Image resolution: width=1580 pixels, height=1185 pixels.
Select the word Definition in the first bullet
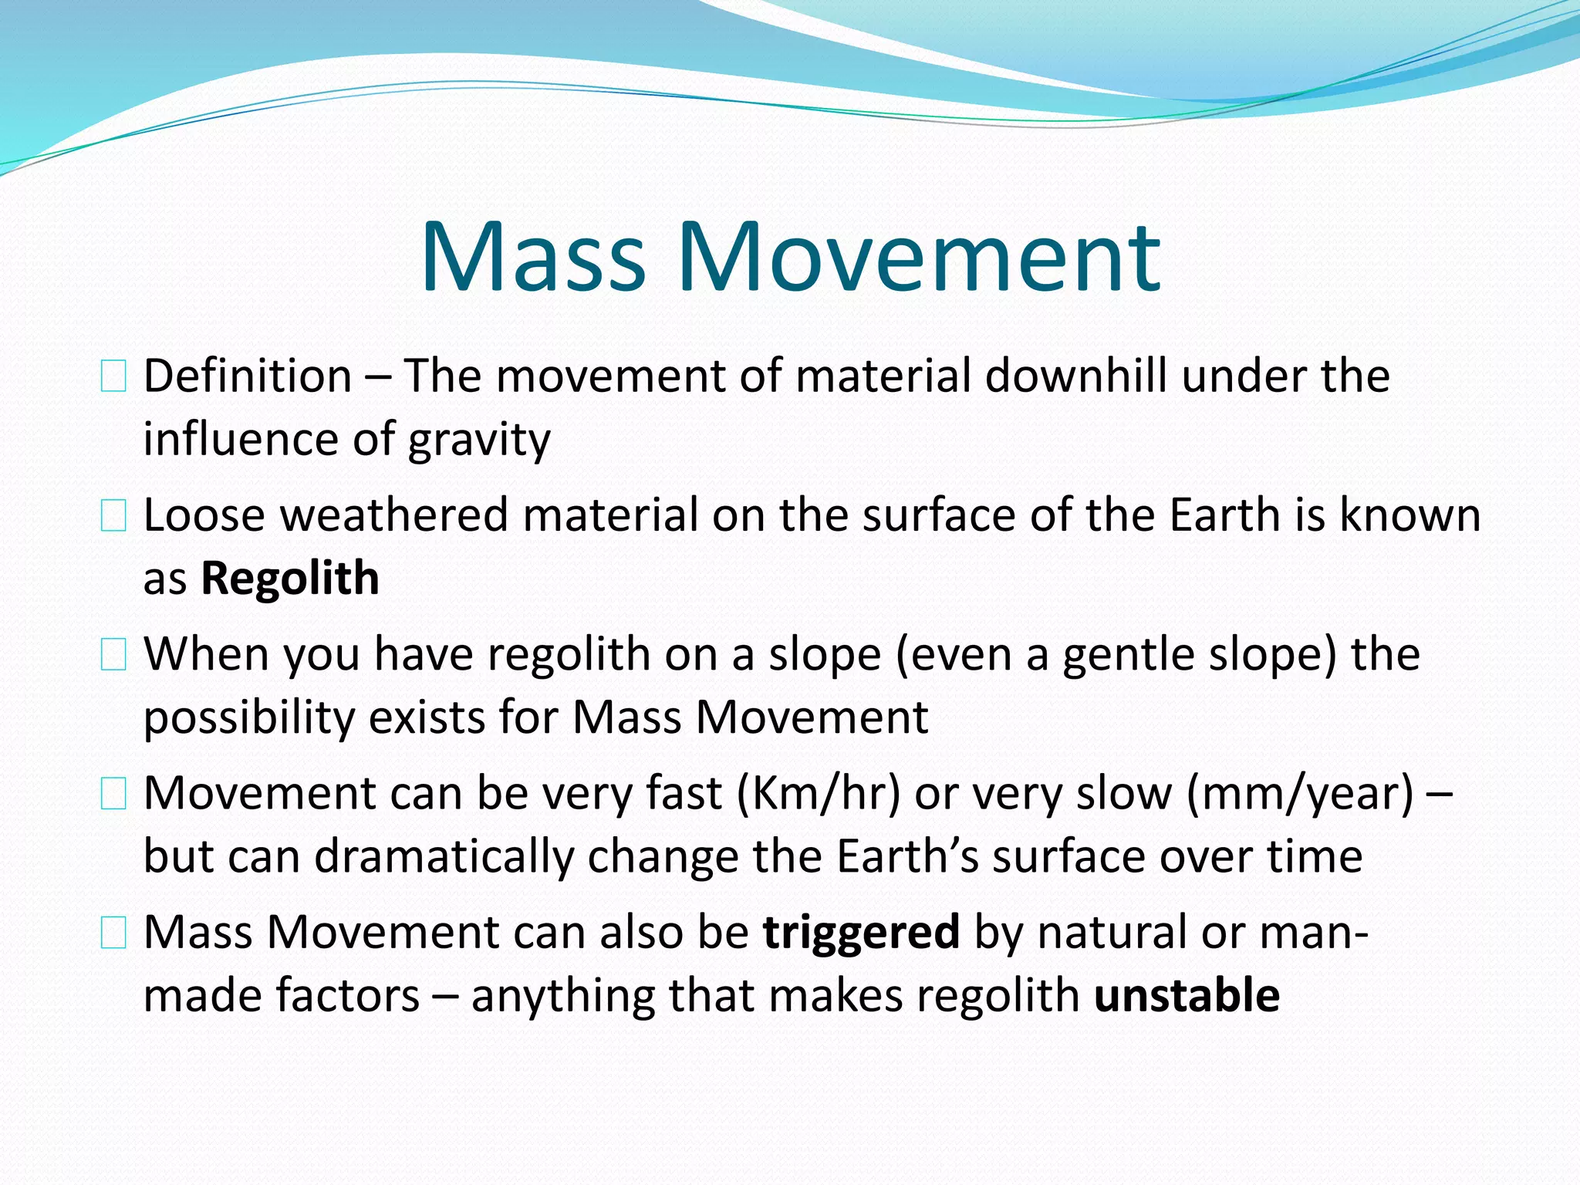tap(248, 376)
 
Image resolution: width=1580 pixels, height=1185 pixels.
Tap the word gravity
tap(479, 440)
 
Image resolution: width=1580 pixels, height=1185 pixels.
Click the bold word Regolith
tap(290, 578)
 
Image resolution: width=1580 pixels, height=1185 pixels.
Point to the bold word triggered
tap(861, 931)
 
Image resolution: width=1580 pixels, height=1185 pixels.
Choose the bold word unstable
tap(1187, 994)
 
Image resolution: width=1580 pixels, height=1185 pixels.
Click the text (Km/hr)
tap(819, 793)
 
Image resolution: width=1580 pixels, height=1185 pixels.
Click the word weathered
tap(393, 515)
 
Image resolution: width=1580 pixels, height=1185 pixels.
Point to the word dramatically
tap(444, 856)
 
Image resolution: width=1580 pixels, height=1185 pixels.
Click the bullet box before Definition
tap(113, 377)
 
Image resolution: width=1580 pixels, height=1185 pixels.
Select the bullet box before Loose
tap(113, 515)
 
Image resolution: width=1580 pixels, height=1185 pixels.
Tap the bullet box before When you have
tap(113, 655)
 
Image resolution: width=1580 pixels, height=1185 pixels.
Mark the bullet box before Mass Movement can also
tap(113, 933)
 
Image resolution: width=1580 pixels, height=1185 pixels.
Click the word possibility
tap(248, 717)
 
